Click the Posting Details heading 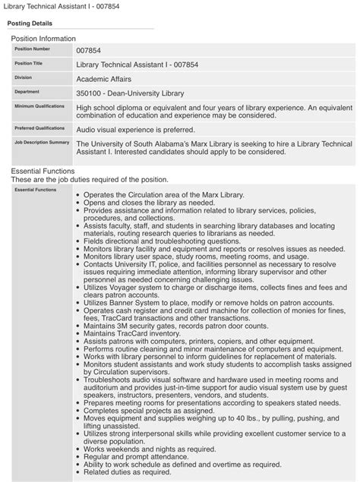tap(30, 23)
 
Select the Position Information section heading tap(43, 38)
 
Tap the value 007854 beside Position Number tap(90, 50)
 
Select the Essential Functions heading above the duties tap(43, 172)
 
